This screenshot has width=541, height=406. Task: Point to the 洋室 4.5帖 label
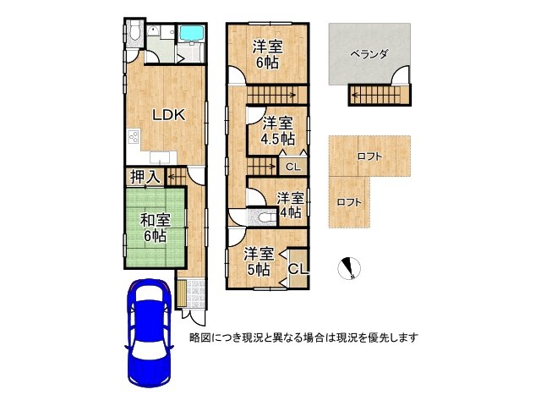(x=276, y=130)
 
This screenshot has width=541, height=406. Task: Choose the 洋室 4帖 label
(x=289, y=206)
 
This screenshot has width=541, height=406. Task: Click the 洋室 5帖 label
(x=258, y=261)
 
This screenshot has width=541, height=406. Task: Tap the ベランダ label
(x=369, y=54)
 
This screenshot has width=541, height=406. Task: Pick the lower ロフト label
(x=348, y=202)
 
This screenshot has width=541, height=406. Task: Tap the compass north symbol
(x=348, y=268)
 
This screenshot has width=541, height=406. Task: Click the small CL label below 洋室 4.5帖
(x=291, y=167)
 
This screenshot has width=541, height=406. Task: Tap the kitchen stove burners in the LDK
(x=133, y=136)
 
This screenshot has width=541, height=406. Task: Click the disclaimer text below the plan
(x=304, y=337)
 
